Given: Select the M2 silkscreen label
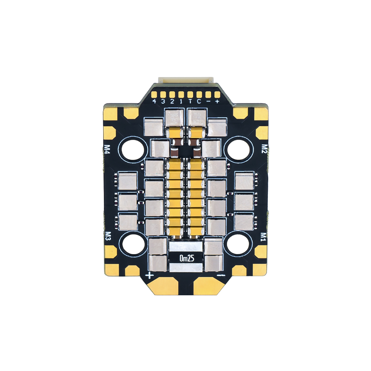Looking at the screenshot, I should pyautogui.click(x=264, y=148).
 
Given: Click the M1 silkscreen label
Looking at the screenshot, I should pyautogui.click(x=264, y=236).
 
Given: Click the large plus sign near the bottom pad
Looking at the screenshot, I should pyautogui.click(x=150, y=275).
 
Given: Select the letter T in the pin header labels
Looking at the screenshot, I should pyautogui.click(x=190, y=101).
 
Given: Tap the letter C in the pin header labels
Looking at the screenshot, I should pyautogui.click(x=199, y=101).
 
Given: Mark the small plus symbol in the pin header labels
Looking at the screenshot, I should pyautogui.click(x=217, y=101).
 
